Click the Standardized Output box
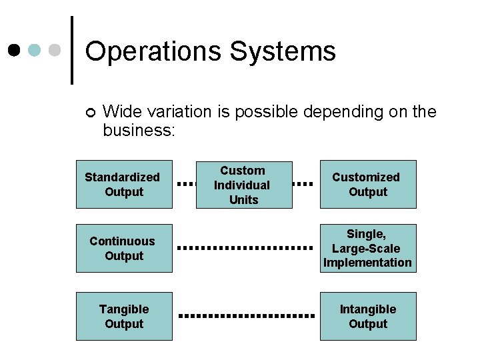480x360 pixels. click(x=124, y=184)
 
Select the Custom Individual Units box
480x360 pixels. click(x=243, y=185)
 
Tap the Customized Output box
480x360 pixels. click(x=368, y=184)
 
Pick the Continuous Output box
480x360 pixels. click(x=124, y=248)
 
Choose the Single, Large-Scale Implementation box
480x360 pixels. click(x=368, y=248)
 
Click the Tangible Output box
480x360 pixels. click(x=124, y=316)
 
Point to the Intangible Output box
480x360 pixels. click(x=368, y=316)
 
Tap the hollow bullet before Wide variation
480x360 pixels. click(x=91, y=112)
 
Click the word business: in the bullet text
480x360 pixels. click(x=139, y=130)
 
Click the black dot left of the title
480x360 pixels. click(x=14, y=50)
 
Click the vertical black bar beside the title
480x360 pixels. click(x=71, y=50)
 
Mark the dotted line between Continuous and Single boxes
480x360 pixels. click(x=246, y=248)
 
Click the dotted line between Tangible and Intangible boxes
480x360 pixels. click(x=246, y=315)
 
